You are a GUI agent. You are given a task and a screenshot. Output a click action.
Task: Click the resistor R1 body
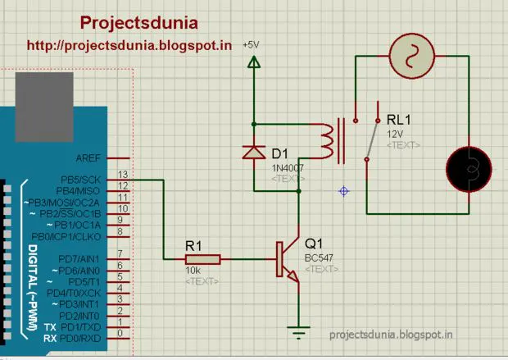202,259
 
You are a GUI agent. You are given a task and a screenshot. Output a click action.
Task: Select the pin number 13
122,175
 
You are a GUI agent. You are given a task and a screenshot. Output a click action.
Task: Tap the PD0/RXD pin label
81,337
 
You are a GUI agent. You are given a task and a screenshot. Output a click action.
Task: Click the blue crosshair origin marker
344,191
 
